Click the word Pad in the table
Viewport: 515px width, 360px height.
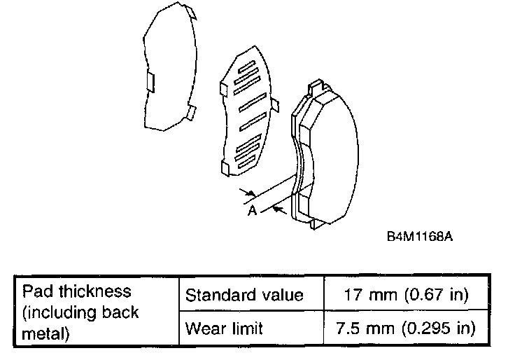point(35,291)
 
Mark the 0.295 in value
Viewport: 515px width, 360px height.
point(440,327)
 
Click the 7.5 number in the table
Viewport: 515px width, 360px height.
point(353,327)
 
